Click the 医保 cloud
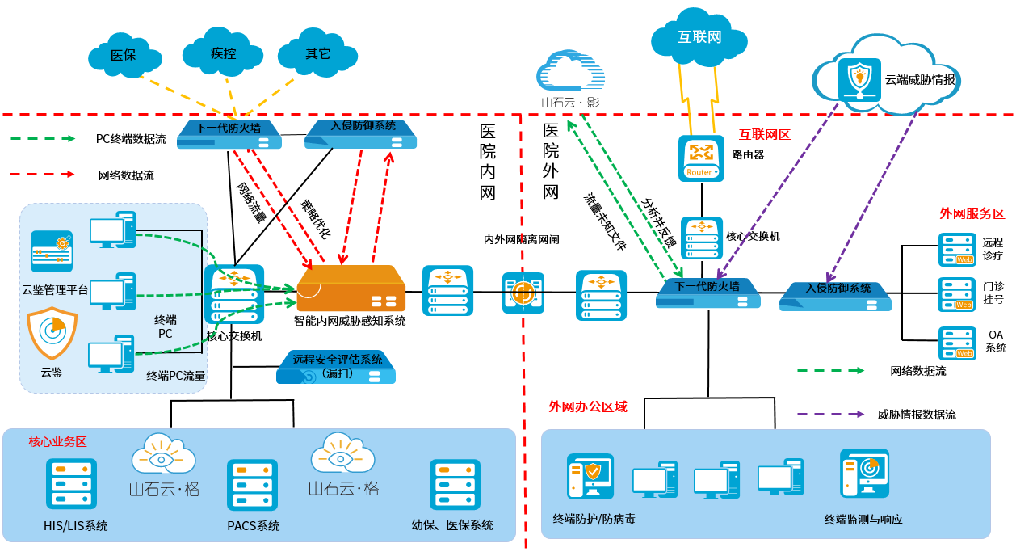coord(123,55)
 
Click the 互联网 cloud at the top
coord(699,36)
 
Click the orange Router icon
coord(699,158)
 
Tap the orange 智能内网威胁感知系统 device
coord(351,289)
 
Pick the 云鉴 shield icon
coord(52,335)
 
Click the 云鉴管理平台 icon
coord(52,251)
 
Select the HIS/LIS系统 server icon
coord(71,484)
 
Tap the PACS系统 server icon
coord(252,485)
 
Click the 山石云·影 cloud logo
coord(570,74)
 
